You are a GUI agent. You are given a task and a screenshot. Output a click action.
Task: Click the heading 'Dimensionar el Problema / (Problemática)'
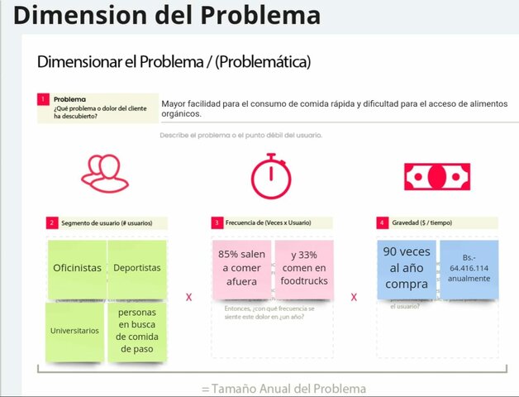[174, 62]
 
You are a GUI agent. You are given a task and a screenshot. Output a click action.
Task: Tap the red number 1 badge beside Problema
[43, 99]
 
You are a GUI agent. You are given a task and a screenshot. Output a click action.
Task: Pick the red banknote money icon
[436, 175]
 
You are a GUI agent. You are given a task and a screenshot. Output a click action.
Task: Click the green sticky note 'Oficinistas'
[78, 269]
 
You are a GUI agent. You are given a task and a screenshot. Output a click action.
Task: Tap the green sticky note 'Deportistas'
[137, 269]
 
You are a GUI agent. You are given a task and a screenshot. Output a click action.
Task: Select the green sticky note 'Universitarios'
[75, 331]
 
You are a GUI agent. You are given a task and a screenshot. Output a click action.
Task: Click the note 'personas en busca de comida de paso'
[137, 331]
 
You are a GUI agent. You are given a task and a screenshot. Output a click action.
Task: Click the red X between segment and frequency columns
[188, 296]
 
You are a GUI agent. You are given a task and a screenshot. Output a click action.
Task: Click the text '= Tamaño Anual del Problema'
[283, 388]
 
